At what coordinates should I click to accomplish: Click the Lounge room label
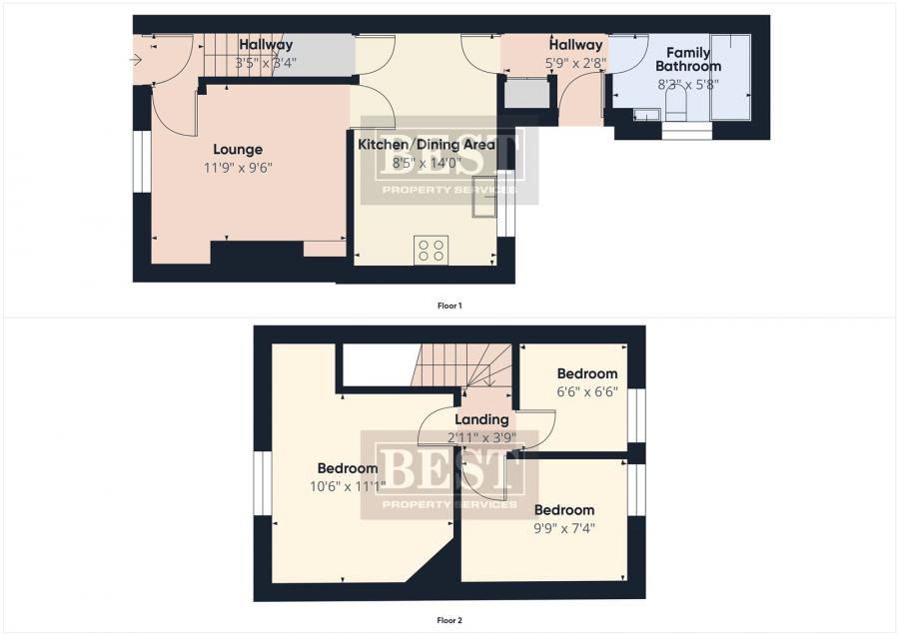pyautogui.click(x=238, y=150)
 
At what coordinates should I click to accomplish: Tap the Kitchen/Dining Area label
pyautogui.click(x=427, y=145)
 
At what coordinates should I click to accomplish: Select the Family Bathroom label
pyautogui.click(x=688, y=59)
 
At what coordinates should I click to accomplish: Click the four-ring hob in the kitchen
pyautogui.click(x=432, y=250)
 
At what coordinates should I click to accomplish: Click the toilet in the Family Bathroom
pyautogui.click(x=676, y=107)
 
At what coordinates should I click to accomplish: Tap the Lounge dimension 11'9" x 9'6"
pyautogui.click(x=238, y=168)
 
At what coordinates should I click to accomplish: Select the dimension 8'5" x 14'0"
pyautogui.click(x=427, y=163)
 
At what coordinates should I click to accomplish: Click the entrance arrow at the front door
pyautogui.click(x=136, y=60)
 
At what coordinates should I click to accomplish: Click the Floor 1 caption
pyautogui.click(x=449, y=307)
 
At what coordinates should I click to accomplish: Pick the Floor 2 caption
pyautogui.click(x=449, y=620)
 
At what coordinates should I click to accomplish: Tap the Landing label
pyautogui.click(x=481, y=419)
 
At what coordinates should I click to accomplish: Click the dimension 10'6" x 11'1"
pyautogui.click(x=348, y=487)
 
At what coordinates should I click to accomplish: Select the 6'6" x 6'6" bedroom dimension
pyautogui.click(x=587, y=392)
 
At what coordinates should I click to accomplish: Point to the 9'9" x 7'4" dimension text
pyautogui.click(x=564, y=528)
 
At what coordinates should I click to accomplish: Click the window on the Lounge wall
pyautogui.click(x=142, y=162)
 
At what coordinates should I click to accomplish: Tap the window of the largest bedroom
pyautogui.click(x=263, y=483)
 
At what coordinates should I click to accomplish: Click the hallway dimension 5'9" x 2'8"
pyautogui.click(x=575, y=63)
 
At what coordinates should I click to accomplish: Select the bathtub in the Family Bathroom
pyautogui.click(x=730, y=77)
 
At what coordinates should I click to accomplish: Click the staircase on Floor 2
pyautogui.click(x=462, y=365)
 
